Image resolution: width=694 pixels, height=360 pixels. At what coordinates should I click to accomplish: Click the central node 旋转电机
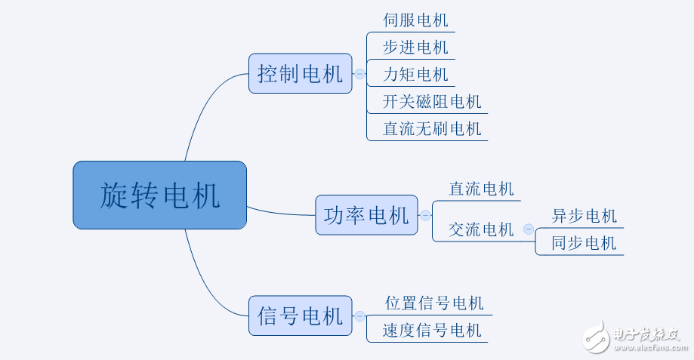[159, 195]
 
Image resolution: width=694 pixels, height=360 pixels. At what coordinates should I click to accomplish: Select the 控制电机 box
[300, 73]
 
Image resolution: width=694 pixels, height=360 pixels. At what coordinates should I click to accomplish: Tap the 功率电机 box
[366, 215]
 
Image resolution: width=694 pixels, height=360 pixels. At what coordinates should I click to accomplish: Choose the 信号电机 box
[300, 315]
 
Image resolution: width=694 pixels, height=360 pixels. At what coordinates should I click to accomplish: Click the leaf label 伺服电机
[415, 20]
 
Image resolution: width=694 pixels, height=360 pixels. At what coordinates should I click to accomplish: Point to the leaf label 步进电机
[415, 48]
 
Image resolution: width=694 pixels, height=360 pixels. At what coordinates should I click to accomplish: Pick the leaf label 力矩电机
[415, 75]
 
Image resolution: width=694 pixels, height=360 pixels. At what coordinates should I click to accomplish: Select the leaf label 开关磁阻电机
[432, 102]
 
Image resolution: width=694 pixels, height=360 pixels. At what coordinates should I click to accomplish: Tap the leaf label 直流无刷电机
[432, 129]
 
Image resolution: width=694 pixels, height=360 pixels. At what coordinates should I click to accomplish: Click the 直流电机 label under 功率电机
[481, 189]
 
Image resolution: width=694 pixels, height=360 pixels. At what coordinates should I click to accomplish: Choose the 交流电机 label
[481, 229]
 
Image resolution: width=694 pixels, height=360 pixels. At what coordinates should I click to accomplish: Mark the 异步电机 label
[584, 216]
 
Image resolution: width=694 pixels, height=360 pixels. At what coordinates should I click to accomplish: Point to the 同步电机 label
[584, 243]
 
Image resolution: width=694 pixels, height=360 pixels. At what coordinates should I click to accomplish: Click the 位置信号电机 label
[434, 303]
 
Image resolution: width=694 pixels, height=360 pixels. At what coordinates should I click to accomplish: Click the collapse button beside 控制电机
[359, 74]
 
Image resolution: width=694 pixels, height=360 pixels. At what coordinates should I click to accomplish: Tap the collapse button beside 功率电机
[425, 215]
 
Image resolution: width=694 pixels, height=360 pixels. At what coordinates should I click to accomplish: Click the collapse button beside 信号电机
[359, 316]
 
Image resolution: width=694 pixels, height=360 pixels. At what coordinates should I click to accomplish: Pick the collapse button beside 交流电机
[528, 229]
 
